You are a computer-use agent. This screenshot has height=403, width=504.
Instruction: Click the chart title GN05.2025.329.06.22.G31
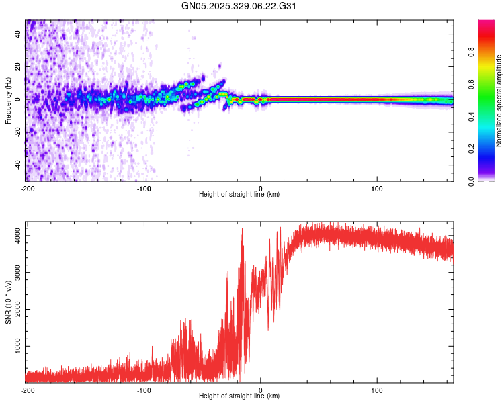[x=239, y=7]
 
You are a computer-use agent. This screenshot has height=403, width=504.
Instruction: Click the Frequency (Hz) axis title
[x=8, y=101]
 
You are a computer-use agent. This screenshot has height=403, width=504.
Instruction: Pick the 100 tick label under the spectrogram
[x=377, y=189]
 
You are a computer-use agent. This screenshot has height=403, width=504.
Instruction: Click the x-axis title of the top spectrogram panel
[x=239, y=195]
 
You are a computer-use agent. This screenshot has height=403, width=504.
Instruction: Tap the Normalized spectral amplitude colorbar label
[x=499, y=101]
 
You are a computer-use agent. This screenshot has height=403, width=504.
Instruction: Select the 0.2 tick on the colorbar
[x=490, y=148]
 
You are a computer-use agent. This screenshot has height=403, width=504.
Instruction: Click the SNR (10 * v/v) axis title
[x=8, y=302]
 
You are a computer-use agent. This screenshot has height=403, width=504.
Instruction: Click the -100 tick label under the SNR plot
[x=144, y=390]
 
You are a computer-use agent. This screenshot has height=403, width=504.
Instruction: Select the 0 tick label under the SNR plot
[x=261, y=390]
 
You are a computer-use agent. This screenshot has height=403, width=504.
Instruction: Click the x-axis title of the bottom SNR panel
[x=239, y=396]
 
